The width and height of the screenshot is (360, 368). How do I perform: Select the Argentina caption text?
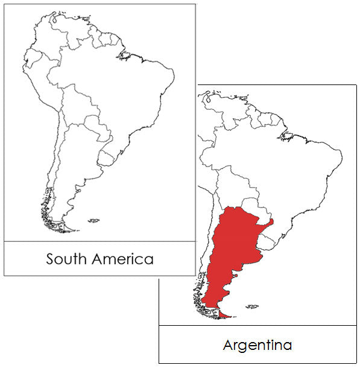(257, 345)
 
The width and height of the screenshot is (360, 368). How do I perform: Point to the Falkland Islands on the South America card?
(93, 221)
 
